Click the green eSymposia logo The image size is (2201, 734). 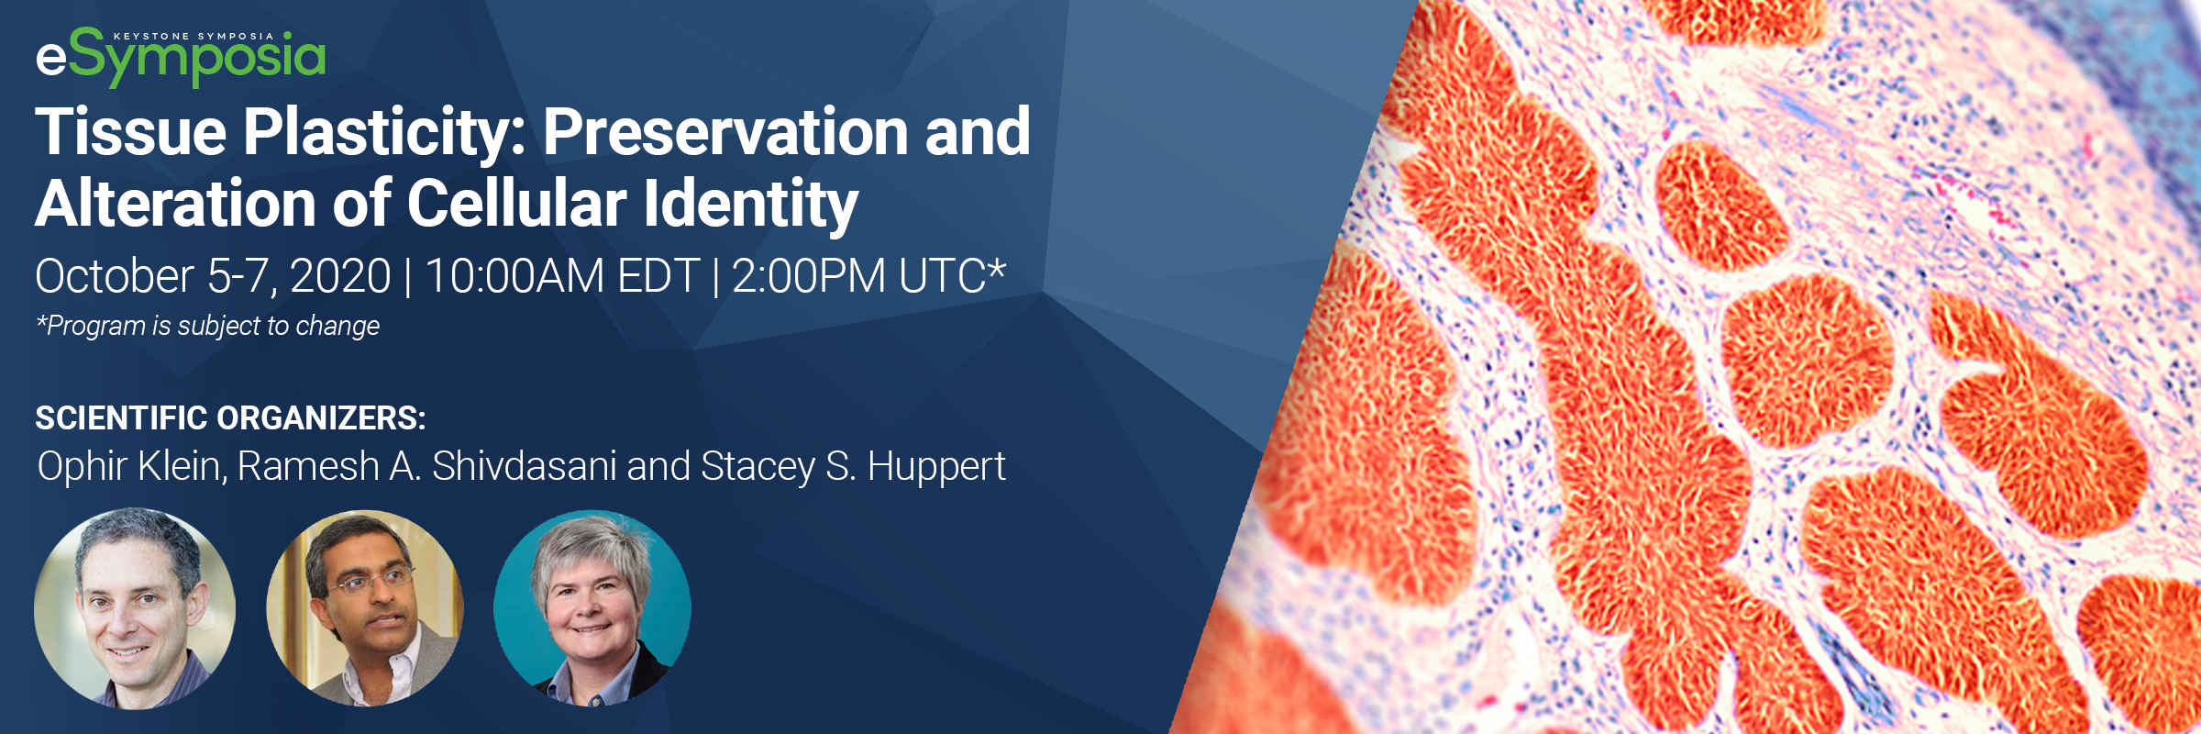(x=181, y=57)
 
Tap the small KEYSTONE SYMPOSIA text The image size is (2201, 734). (x=194, y=37)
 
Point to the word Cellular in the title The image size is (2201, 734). (x=516, y=203)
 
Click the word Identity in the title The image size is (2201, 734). (x=751, y=206)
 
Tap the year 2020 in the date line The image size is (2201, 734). (x=340, y=276)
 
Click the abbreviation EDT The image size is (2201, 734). (x=659, y=276)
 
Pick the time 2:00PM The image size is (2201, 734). (x=808, y=276)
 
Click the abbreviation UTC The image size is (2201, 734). (x=942, y=276)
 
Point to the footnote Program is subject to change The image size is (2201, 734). (x=207, y=326)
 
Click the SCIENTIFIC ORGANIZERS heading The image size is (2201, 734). (x=230, y=418)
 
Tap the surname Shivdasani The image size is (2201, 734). (x=524, y=466)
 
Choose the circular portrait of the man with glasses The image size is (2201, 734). (x=365, y=608)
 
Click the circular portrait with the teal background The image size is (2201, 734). (x=592, y=608)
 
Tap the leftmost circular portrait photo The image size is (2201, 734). (x=135, y=608)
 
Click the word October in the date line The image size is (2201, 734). (x=115, y=276)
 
